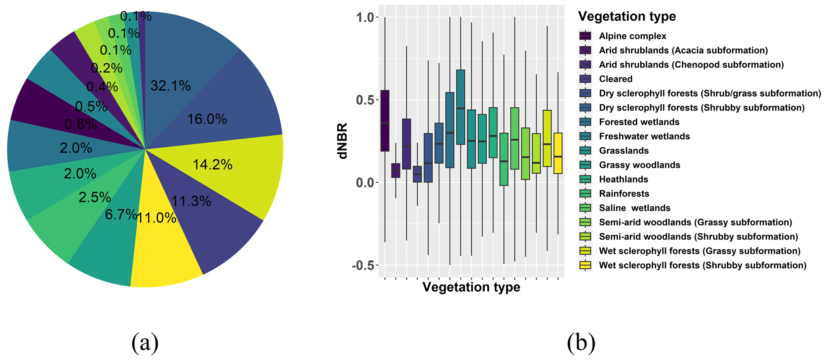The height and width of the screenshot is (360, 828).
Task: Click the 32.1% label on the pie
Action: click(x=170, y=86)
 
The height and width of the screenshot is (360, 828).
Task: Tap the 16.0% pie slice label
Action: click(x=207, y=119)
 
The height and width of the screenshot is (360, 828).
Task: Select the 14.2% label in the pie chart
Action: click(x=212, y=165)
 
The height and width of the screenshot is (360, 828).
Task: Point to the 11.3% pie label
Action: click(x=191, y=201)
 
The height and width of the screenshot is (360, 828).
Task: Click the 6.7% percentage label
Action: click(x=121, y=215)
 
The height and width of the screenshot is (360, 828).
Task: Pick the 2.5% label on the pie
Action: click(x=95, y=197)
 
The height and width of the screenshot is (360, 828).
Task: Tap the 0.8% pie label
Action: click(x=81, y=125)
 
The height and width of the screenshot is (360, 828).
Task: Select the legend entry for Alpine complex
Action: click(x=632, y=36)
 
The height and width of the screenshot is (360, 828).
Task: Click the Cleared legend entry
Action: click(x=615, y=79)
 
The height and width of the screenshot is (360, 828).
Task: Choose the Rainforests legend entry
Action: click(x=624, y=193)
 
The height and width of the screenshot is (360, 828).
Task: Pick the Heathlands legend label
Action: click(x=623, y=179)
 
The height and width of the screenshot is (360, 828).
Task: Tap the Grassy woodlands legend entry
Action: click(x=639, y=165)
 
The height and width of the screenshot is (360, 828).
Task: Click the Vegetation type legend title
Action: click(x=627, y=16)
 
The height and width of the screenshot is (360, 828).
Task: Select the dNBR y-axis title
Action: click(x=343, y=141)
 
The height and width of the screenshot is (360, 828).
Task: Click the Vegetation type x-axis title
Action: click(x=471, y=287)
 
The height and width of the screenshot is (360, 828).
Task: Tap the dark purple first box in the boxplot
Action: click(x=385, y=121)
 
